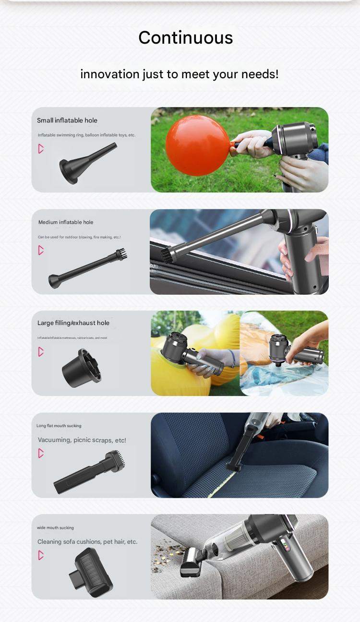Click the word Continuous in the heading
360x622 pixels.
click(185, 38)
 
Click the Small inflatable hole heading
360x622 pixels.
click(67, 120)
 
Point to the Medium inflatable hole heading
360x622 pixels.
click(66, 222)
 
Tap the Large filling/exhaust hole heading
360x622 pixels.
click(73, 323)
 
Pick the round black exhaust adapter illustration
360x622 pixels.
click(82, 368)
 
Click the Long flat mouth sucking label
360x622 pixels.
click(59, 426)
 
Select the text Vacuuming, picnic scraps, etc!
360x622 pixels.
click(82, 440)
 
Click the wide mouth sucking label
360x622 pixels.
click(55, 527)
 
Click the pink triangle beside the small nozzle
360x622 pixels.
click(41, 149)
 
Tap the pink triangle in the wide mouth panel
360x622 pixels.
click(41, 555)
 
